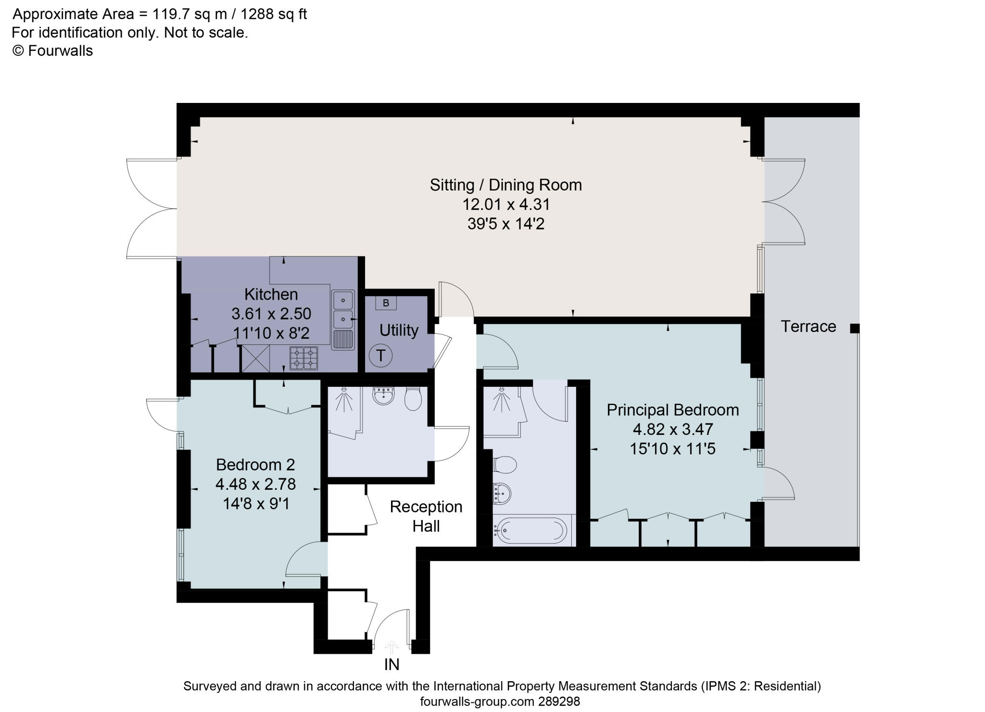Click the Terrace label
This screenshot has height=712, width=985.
click(x=808, y=327)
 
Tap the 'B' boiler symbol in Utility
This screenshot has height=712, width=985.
click(x=386, y=304)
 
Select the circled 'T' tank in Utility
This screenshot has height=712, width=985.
click(x=380, y=356)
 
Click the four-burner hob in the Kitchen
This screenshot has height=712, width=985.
click(x=303, y=358)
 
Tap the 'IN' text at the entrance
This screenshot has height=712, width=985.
click(x=391, y=664)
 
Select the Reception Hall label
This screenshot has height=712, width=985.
click(x=426, y=516)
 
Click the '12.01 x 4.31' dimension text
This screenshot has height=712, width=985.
click(x=505, y=204)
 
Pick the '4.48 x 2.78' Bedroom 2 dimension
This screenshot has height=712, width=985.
click(x=255, y=484)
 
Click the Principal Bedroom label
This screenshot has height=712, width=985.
click(x=672, y=410)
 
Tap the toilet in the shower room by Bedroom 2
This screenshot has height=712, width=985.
click(x=413, y=399)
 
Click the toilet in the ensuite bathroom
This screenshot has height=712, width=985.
click(x=505, y=465)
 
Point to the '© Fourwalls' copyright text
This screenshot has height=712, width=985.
click(x=52, y=51)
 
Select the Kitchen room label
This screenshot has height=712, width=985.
click(x=271, y=294)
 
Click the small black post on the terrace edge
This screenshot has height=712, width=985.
click(x=854, y=329)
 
